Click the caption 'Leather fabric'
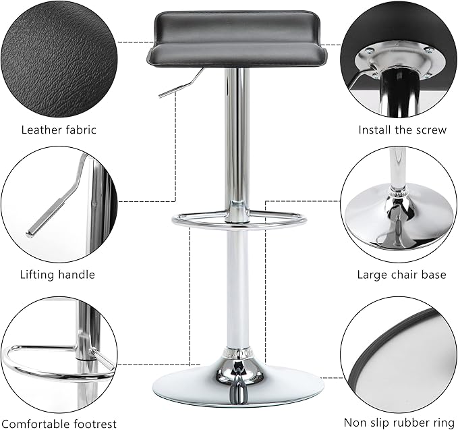coord(59,130)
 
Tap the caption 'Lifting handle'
coord(57,275)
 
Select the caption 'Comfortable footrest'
coord(59,423)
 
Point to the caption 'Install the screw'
coord(403,130)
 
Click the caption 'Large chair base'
coord(401,275)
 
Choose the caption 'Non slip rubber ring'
coord(399,423)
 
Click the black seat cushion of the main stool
coord(236,40)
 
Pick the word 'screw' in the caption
coord(432,130)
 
